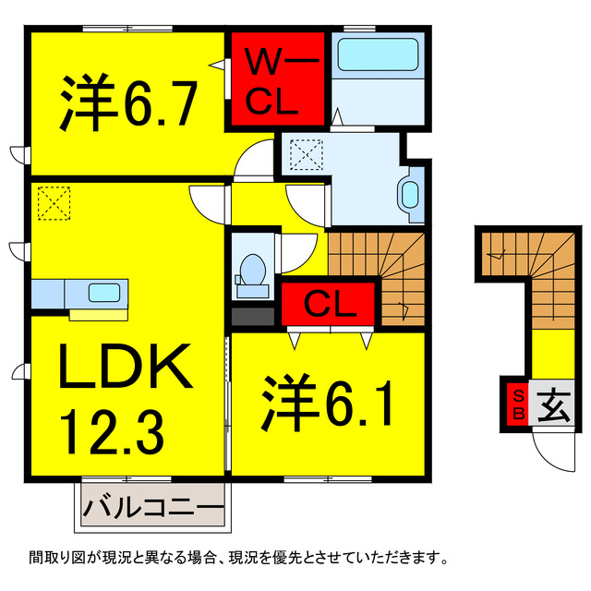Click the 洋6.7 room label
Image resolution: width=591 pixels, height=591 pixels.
[x=129, y=103]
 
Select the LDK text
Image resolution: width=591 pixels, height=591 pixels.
[x=126, y=368]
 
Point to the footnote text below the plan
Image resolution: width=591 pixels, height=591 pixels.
[x=238, y=558]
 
